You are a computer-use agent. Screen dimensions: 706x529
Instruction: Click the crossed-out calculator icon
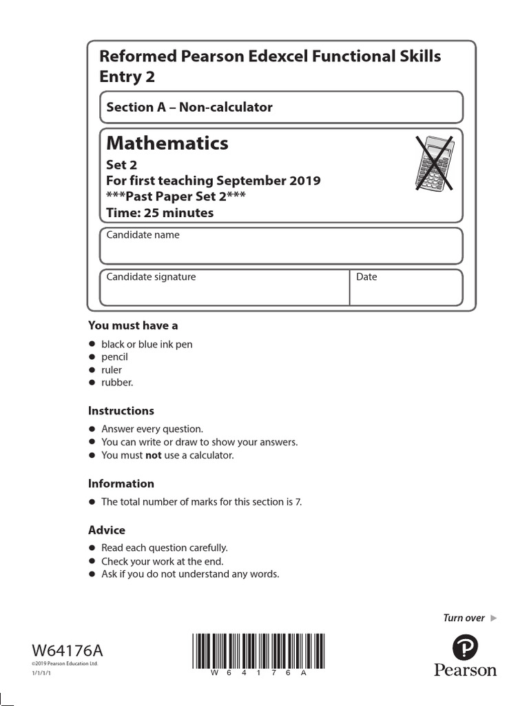[x=434, y=163]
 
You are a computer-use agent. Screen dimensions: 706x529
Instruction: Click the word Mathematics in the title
[x=167, y=143]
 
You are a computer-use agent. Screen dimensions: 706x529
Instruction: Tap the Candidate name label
[x=143, y=235]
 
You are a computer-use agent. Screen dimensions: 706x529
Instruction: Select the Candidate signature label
[x=151, y=277]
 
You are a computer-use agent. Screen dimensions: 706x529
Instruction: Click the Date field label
[x=366, y=277]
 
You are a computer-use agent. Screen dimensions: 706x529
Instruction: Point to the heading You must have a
[x=133, y=325]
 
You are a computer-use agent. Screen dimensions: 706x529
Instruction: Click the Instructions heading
[x=121, y=411]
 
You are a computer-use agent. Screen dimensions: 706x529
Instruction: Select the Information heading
[x=121, y=484]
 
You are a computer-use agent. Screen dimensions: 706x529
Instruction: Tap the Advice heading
[x=107, y=530]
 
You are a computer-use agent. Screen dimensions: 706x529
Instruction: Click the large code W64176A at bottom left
[x=68, y=651]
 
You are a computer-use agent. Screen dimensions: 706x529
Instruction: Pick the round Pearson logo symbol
[x=465, y=647]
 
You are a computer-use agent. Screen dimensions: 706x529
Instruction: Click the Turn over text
[x=464, y=618]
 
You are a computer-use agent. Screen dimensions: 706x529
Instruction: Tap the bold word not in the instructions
[x=153, y=456]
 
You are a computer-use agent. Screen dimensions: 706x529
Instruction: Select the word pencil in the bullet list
[x=114, y=357]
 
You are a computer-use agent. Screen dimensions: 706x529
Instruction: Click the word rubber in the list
[x=117, y=383]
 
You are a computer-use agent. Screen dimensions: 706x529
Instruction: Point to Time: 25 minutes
[x=160, y=213]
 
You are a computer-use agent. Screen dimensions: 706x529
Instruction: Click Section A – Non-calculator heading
[x=189, y=108]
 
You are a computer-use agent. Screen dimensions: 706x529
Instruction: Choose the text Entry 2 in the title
[x=127, y=77]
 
